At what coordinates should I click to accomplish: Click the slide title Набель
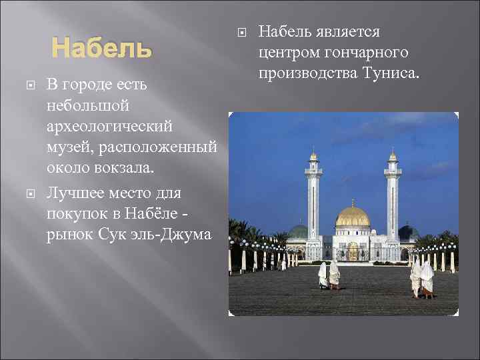click(x=102, y=49)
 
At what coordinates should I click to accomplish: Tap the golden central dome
click(x=353, y=217)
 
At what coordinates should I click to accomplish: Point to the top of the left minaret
click(x=313, y=156)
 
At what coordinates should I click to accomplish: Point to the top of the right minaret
click(x=393, y=156)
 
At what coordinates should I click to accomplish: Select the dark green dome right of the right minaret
click(x=407, y=231)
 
